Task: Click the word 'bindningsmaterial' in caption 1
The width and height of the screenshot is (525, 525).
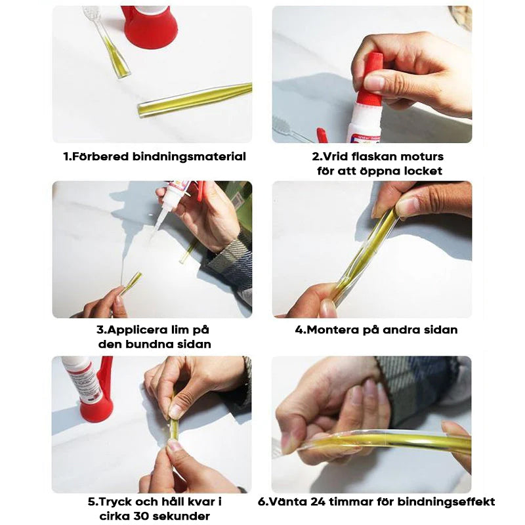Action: tap(189, 157)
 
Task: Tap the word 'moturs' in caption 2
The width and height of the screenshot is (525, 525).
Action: tap(422, 156)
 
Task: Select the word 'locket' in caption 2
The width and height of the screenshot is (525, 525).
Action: tap(423, 171)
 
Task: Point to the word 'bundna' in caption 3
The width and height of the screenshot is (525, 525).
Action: tap(149, 344)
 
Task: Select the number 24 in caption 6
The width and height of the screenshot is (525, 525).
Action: tap(318, 501)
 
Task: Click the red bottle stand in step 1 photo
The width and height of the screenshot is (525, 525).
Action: tap(150, 27)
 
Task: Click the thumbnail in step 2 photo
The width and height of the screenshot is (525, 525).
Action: tap(373, 83)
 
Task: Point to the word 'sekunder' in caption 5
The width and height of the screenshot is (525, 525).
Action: tap(182, 516)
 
